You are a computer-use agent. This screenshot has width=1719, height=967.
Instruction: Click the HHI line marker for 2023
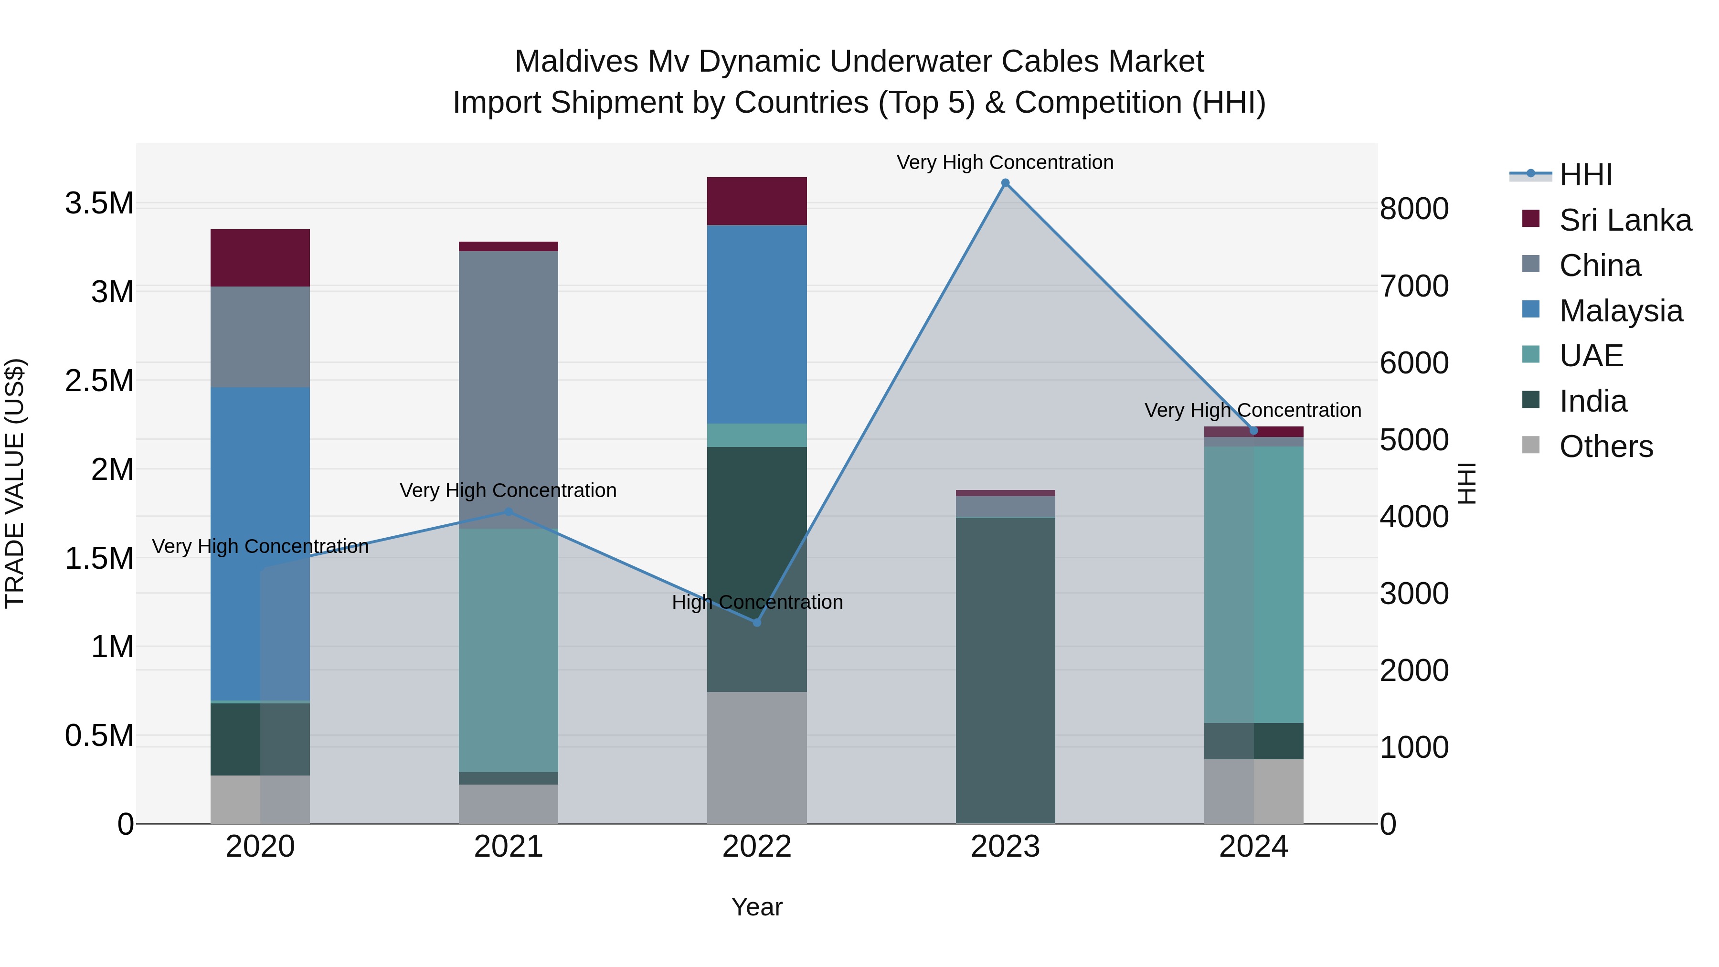(1005, 183)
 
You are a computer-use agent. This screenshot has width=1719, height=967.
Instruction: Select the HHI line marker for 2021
(509, 512)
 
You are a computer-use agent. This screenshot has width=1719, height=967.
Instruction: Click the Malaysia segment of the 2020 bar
(260, 544)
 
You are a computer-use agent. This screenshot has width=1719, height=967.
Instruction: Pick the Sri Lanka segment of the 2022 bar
(757, 201)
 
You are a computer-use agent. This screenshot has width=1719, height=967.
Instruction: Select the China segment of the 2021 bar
(509, 390)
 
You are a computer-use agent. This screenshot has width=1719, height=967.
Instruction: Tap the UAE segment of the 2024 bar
(1253, 584)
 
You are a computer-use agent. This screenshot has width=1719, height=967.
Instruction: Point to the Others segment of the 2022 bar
(757, 757)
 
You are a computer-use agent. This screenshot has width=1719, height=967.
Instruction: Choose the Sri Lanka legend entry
(1625, 220)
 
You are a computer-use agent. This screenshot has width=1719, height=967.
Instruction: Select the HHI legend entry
(1585, 175)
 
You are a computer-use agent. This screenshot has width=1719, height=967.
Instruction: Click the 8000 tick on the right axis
(1414, 209)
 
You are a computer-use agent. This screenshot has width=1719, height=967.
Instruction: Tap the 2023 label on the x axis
(1005, 847)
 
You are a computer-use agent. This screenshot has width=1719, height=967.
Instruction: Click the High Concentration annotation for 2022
(757, 602)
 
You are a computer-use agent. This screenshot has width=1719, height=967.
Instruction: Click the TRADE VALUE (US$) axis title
(15, 483)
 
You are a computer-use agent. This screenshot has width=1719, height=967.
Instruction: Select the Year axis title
(757, 907)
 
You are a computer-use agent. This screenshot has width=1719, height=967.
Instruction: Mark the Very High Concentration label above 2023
(1005, 162)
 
